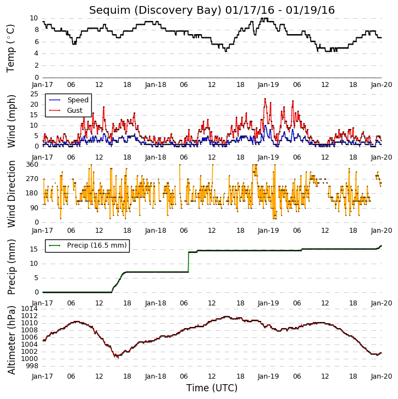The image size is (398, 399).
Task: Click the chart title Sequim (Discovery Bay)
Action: click(155, 10)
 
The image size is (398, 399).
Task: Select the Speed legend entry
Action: click(69, 100)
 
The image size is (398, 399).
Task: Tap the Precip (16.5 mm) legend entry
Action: click(88, 245)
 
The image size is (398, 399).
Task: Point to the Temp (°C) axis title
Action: click(10, 48)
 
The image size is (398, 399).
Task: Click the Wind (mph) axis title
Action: click(11, 122)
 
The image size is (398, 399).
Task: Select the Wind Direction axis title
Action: click(11, 194)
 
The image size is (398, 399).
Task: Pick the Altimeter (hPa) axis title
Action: click(11, 340)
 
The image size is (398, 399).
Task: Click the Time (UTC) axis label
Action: click(212, 388)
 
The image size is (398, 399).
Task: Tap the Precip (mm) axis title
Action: click(11, 267)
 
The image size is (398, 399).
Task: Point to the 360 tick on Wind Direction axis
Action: click(32, 165)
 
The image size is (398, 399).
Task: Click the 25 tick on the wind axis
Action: click(34, 94)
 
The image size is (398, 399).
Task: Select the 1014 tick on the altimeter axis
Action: click(29, 309)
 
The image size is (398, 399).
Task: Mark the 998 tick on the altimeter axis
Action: click(32, 366)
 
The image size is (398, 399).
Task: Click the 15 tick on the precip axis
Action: click(34, 249)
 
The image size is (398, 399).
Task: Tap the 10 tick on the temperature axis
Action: click(34, 18)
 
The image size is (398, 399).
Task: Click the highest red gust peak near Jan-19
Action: click(265, 99)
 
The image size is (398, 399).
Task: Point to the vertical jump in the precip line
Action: click(189, 262)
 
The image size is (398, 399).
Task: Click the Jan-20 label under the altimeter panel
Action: click(382, 376)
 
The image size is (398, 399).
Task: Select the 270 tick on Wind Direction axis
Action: click(32, 179)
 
